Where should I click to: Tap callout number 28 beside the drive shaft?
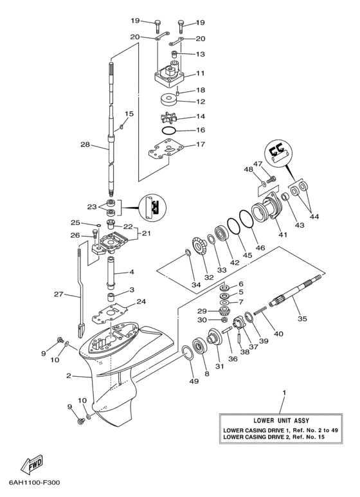(x=85, y=145)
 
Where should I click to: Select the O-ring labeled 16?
(x=169, y=131)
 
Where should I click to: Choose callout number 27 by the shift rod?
(x=59, y=294)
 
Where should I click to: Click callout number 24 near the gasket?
(x=141, y=302)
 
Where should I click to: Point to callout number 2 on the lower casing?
(x=68, y=376)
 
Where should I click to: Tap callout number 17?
(x=200, y=145)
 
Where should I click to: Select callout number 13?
(x=200, y=54)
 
